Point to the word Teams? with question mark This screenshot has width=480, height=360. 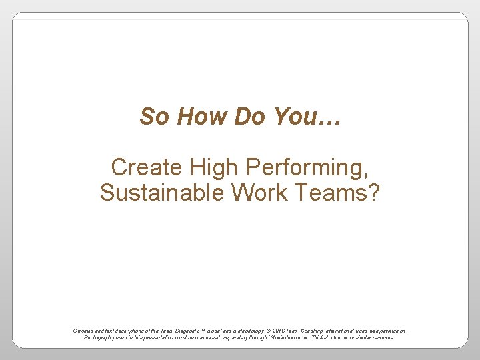(x=339, y=193)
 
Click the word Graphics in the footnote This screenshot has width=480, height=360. (x=84, y=331)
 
